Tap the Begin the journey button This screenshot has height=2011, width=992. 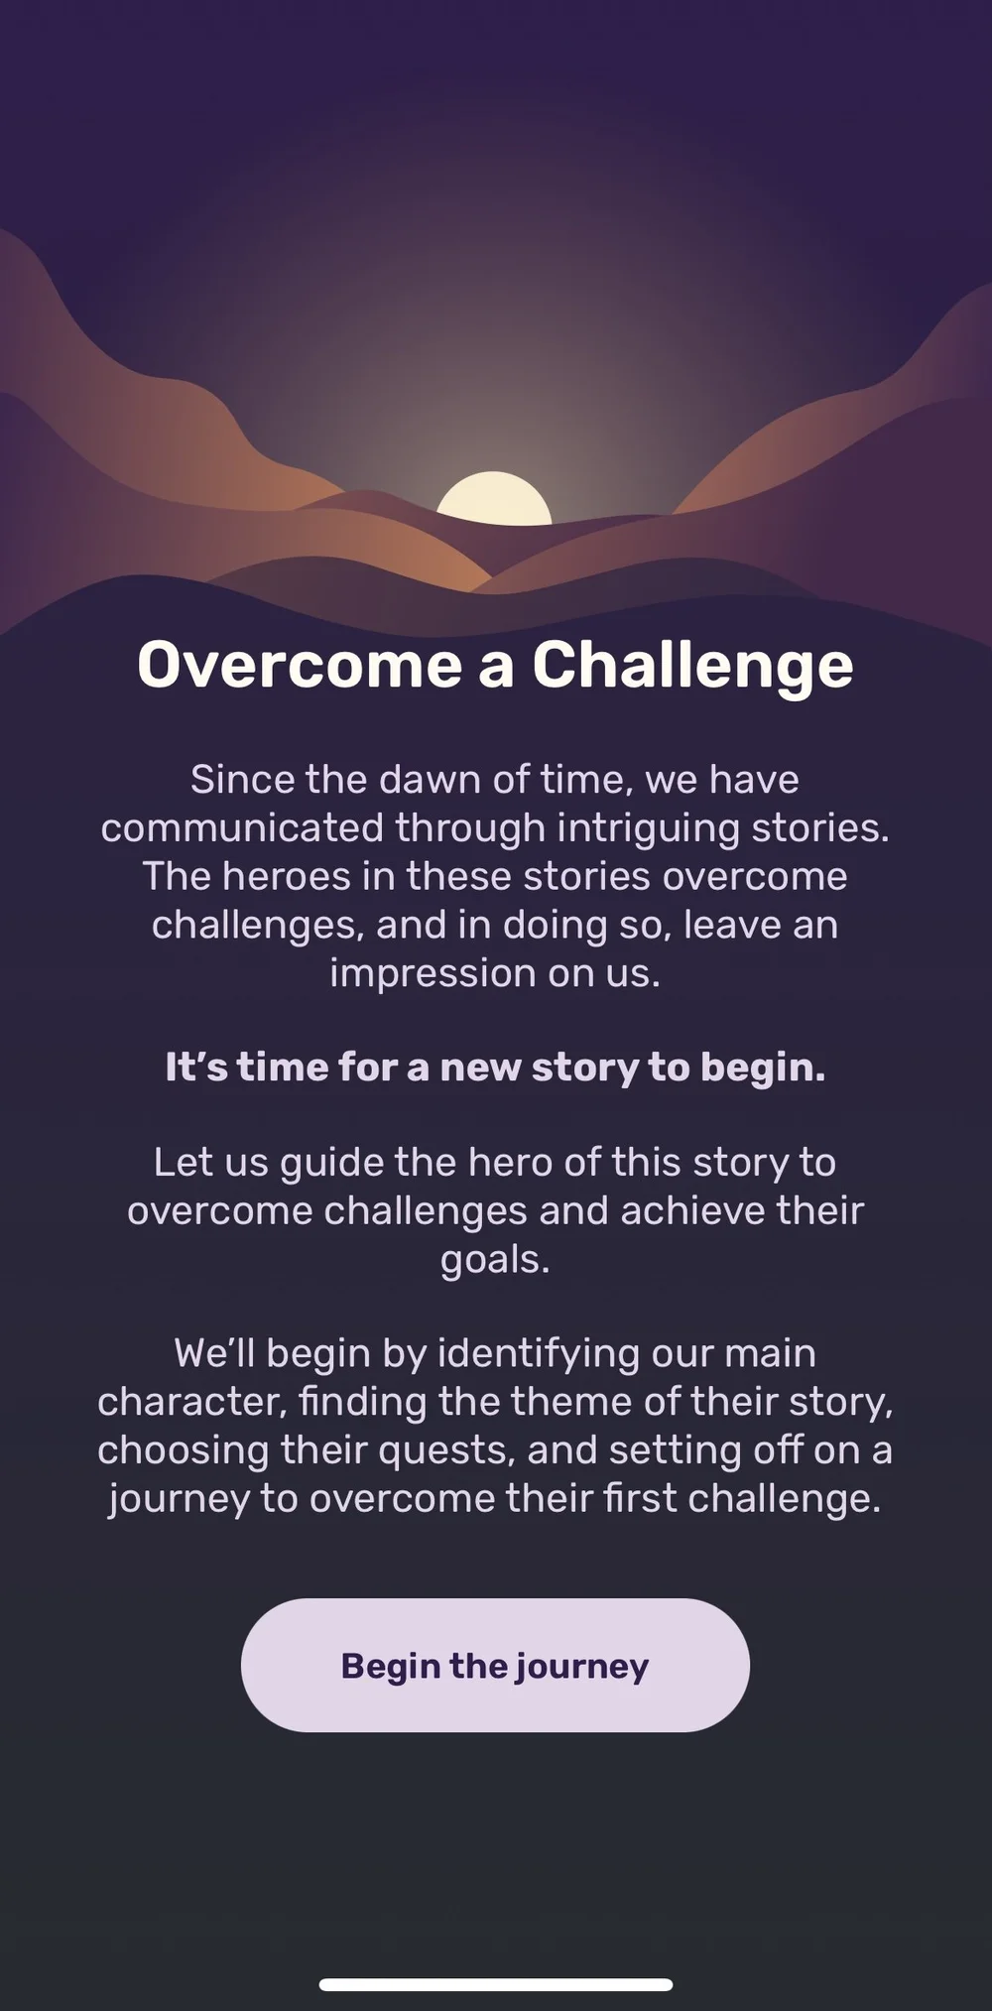[x=495, y=1665]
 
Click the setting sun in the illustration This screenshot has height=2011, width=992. [x=494, y=499]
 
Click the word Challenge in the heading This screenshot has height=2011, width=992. [x=692, y=665]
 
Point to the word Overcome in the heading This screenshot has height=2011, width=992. [x=300, y=665]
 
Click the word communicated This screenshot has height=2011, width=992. [x=242, y=828]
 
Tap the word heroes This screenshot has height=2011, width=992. [x=287, y=877]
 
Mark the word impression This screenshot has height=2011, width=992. [x=433, y=973]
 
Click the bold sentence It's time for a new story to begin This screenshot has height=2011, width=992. [x=495, y=1068]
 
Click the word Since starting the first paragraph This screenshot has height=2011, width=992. [x=242, y=780]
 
